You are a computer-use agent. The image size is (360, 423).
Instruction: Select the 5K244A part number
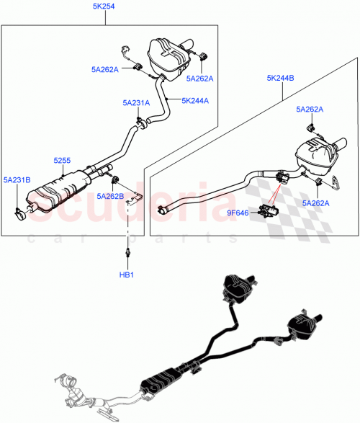click(x=195, y=100)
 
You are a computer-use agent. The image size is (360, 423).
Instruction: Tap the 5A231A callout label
click(x=135, y=103)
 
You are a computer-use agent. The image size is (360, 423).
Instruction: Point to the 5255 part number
click(x=63, y=164)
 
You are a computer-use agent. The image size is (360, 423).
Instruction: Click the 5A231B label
click(x=17, y=179)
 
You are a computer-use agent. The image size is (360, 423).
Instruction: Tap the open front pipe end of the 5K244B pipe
click(x=162, y=210)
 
